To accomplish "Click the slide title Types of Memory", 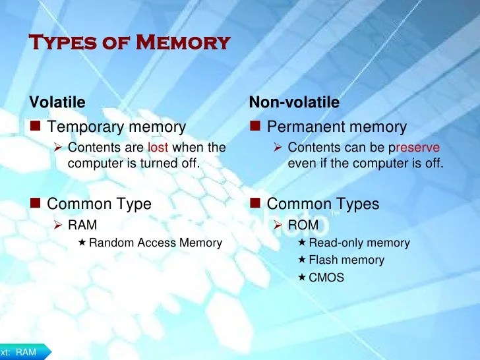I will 130,44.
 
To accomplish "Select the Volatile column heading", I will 57,102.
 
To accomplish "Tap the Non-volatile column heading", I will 294,102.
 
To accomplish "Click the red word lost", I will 158,148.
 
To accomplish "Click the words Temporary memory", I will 117,127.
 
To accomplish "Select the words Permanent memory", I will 337,127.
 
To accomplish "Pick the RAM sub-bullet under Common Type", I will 82,225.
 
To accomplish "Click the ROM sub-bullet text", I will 303,225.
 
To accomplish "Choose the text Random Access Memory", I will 156,243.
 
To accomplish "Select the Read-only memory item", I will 359,243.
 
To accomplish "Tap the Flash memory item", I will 346,260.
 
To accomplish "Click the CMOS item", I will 326,277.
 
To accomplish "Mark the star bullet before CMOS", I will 302,277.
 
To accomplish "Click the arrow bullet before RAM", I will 58,225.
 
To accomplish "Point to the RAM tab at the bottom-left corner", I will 25,352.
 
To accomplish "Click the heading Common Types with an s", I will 323,204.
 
